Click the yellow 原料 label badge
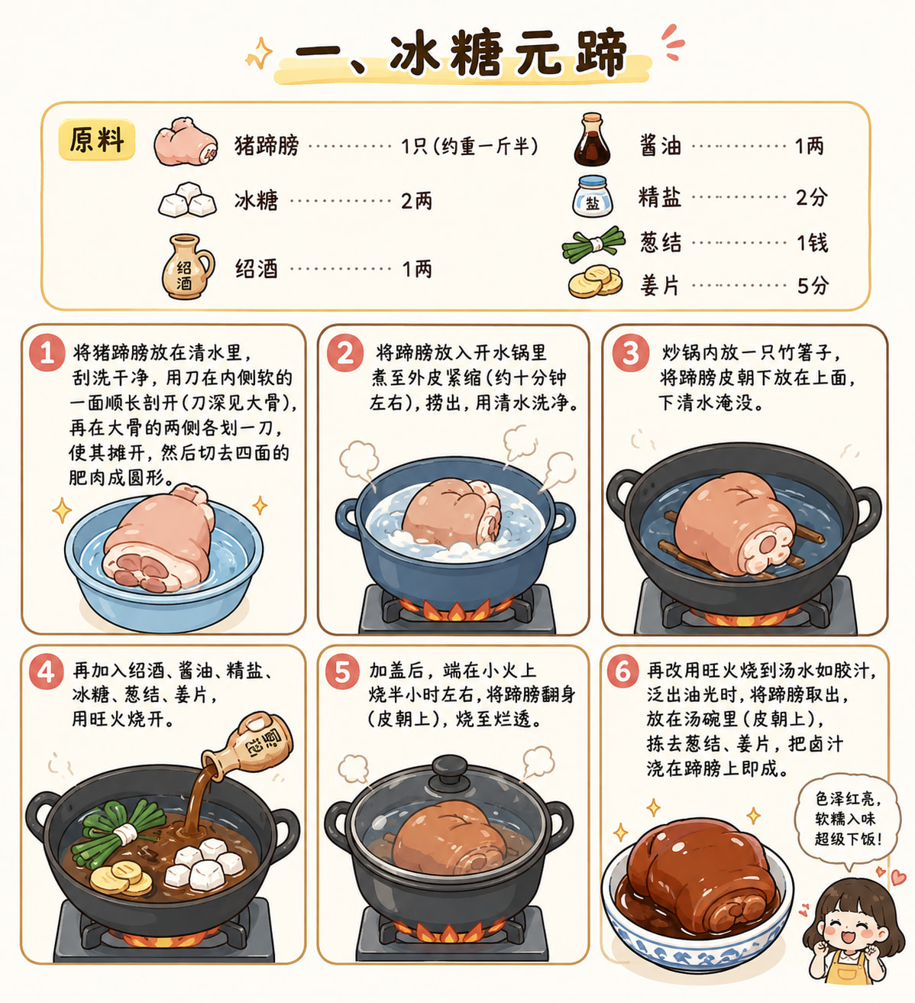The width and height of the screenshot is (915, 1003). (96, 140)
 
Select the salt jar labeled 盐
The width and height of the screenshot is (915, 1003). (593, 196)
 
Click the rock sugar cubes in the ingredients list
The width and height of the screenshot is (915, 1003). (187, 199)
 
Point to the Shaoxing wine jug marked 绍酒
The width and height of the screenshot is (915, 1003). (187, 267)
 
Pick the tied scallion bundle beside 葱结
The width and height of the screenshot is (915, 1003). (593, 244)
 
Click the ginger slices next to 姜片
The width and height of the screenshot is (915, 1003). (595, 282)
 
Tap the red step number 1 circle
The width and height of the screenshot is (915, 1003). (47, 352)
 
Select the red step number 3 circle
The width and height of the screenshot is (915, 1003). (631, 352)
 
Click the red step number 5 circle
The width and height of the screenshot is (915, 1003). (342, 671)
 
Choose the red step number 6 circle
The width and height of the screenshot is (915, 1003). (622, 671)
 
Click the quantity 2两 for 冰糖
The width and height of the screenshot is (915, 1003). (416, 201)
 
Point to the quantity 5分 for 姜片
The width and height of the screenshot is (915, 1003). (813, 286)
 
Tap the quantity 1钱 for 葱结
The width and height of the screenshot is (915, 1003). (813, 243)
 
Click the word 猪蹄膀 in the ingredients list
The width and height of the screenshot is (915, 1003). (267, 146)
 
